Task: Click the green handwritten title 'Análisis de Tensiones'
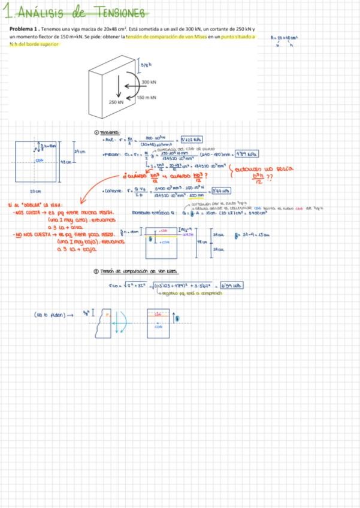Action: (x=80, y=13)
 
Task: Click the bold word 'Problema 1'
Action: (x=23, y=29)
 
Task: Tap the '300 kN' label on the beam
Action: (x=149, y=82)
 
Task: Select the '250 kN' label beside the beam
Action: (x=116, y=102)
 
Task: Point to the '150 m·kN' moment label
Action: (x=146, y=97)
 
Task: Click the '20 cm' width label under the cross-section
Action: (x=35, y=191)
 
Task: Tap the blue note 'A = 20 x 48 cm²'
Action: (x=285, y=37)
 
